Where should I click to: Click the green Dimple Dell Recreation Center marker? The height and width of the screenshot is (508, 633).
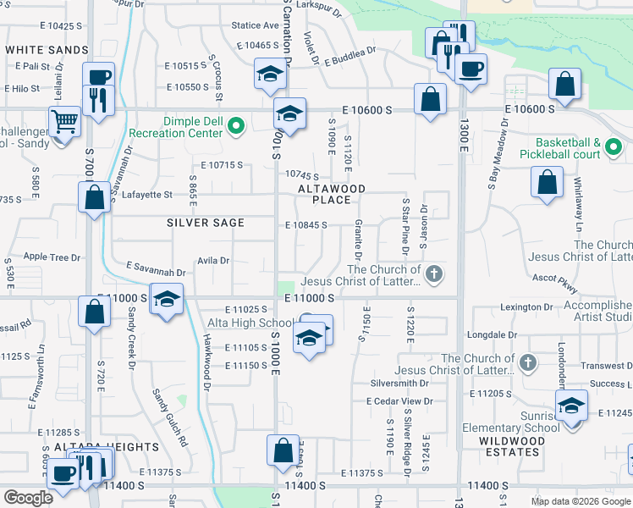[236, 127]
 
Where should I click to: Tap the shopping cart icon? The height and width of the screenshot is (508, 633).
[64, 123]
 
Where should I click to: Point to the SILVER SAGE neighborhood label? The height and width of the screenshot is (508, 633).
[206, 223]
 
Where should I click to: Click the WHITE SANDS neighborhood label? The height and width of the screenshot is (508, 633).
[47, 50]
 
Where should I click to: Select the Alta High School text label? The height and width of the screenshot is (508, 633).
[250, 323]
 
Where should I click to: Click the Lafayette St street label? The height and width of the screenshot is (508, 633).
[147, 195]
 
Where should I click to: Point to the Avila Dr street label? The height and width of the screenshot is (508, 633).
[213, 261]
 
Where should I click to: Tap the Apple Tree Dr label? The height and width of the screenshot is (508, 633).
[52, 257]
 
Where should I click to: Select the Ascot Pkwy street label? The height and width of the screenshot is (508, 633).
[555, 278]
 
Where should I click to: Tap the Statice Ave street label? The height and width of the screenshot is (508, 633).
[255, 26]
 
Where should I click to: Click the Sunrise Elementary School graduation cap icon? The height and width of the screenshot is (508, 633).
[571, 406]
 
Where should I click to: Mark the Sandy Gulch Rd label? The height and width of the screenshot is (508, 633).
[170, 417]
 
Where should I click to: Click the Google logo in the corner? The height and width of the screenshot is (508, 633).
[28, 498]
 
